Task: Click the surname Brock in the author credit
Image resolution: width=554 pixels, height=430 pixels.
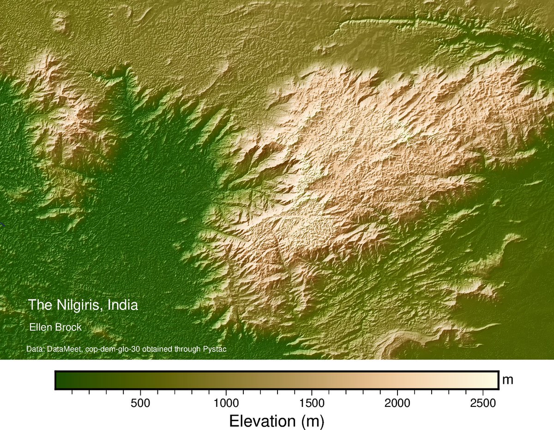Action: tap(68, 328)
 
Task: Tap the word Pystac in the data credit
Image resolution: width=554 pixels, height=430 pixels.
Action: tap(215, 349)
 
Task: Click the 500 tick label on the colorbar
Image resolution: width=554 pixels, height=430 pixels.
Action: tap(140, 403)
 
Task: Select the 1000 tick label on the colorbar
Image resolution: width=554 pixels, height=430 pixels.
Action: tap(226, 403)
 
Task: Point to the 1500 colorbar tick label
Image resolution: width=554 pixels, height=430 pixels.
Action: tap(312, 403)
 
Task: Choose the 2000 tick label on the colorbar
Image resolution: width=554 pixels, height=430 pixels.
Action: tap(397, 403)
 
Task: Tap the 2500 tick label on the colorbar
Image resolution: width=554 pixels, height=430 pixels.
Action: tap(482, 403)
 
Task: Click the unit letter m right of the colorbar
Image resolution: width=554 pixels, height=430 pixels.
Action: tap(508, 380)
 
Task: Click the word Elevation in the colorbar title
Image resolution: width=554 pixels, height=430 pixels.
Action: tap(261, 421)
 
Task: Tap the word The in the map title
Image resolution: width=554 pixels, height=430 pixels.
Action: tap(37, 305)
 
